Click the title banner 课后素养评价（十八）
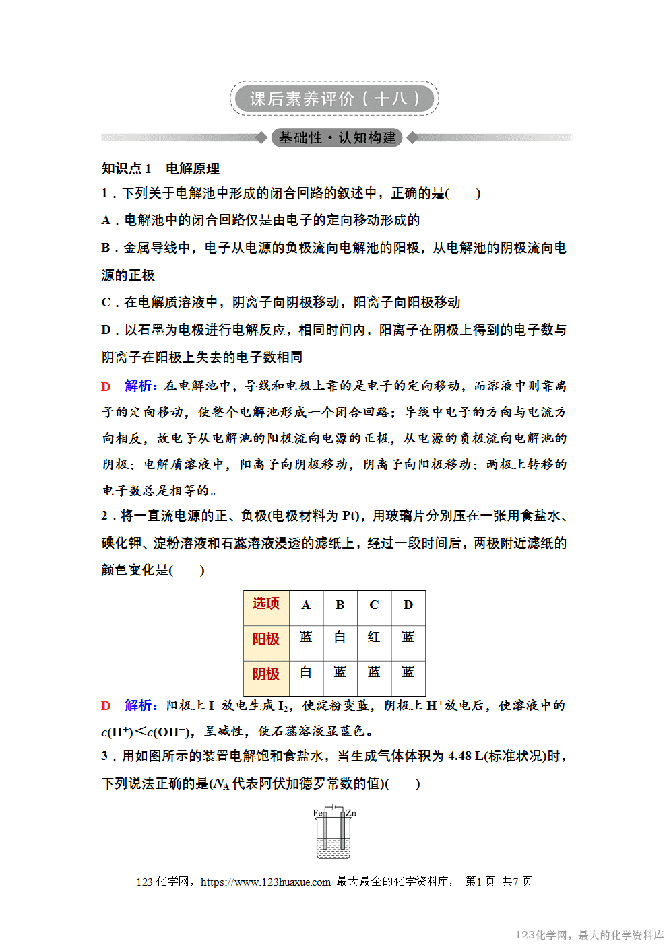click(x=334, y=99)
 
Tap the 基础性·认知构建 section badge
click(x=337, y=138)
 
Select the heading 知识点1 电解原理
click(x=160, y=168)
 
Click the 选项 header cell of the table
click(x=266, y=604)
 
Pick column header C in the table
click(x=374, y=605)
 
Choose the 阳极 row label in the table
click(x=266, y=639)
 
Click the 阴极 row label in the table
click(x=266, y=674)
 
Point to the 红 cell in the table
click(x=374, y=637)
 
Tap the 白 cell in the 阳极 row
click(x=340, y=637)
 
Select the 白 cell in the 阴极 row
click(x=306, y=672)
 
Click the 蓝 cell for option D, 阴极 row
click(x=408, y=672)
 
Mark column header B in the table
click(x=340, y=605)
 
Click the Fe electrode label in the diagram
click(x=317, y=813)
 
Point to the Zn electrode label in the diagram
click(x=351, y=813)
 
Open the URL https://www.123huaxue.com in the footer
click(x=265, y=882)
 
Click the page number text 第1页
click(x=480, y=882)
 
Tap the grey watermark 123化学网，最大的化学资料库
click(x=590, y=935)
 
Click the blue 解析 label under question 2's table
click(x=140, y=705)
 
